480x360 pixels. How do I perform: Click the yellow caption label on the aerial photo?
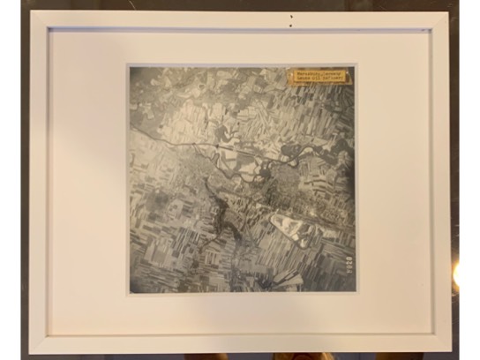coord(319,77)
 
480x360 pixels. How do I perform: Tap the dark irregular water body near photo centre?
coord(217,208)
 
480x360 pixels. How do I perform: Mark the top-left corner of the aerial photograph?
coord(130,65)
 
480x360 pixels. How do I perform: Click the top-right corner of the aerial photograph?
coord(356,65)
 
